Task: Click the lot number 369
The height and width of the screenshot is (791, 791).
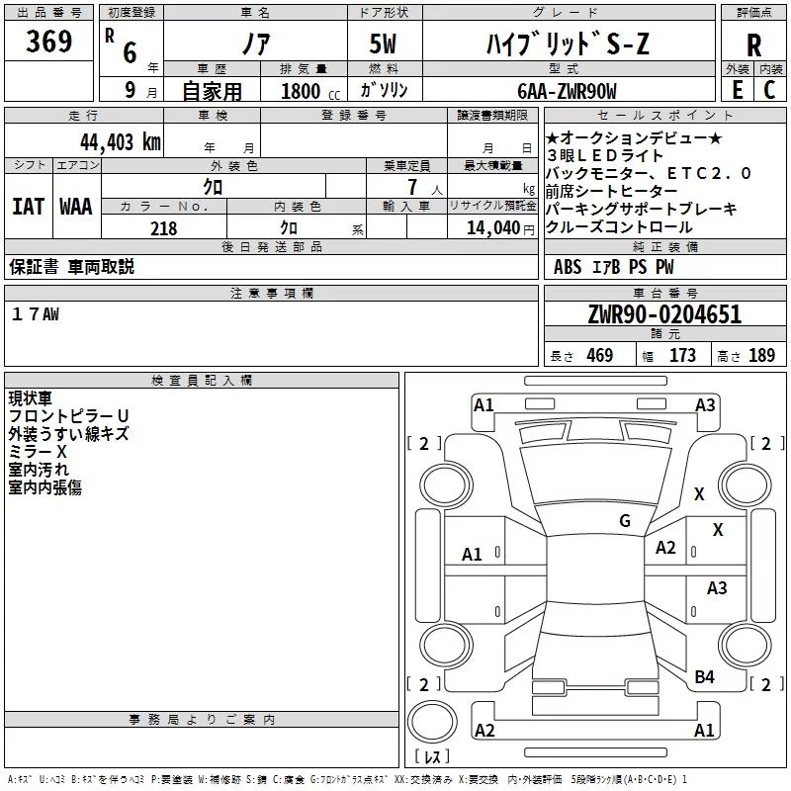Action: pyautogui.click(x=48, y=41)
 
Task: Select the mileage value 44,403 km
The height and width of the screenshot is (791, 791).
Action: pyautogui.click(x=121, y=142)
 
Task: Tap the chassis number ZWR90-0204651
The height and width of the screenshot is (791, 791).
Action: pyautogui.click(x=664, y=314)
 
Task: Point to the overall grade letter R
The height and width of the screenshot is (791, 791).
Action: pyautogui.click(x=753, y=45)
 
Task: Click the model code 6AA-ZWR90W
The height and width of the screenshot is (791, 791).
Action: pyautogui.click(x=567, y=91)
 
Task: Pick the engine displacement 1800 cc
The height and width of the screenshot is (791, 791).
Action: pyautogui.click(x=310, y=91)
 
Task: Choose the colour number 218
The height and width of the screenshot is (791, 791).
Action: pyautogui.click(x=163, y=228)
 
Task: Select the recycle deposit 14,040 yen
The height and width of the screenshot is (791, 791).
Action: pyautogui.click(x=500, y=228)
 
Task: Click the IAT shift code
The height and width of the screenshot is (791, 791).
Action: pyautogui.click(x=29, y=207)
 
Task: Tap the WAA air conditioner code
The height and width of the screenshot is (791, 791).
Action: pyautogui.click(x=76, y=207)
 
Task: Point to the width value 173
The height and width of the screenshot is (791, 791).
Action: pyautogui.click(x=682, y=355)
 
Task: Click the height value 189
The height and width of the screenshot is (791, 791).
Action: pyautogui.click(x=761, y=355)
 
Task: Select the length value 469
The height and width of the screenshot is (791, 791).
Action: pyautogui.click(x=600, y=355)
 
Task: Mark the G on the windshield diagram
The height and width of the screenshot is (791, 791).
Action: pyautogui.click(x=625, y=521)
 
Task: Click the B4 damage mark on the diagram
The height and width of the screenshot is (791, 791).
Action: pyautogui.click(x=704, y=677)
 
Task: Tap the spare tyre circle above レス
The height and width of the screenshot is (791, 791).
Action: pyautogui.click(x=432, y=722)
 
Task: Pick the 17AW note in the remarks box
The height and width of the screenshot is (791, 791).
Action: pyautogui.click(x=36, y=314)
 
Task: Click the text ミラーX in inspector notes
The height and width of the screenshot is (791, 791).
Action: pyautogui.click(x=38, y=452)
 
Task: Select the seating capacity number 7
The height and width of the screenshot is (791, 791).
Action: pyautogui.click(x=412, y=187)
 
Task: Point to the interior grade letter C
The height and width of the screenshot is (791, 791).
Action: pyautogui.click(x=769, y=90)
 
